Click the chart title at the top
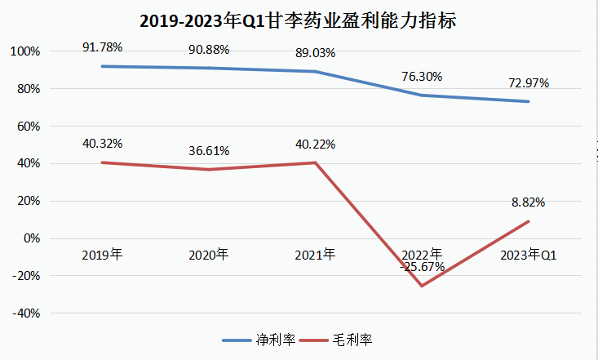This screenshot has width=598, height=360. (299, 20)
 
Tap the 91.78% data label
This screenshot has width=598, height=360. (102, 47)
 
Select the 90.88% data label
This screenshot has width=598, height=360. (209, 49)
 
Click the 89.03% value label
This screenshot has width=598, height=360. (315, 52)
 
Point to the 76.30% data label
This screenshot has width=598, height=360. (422, 77)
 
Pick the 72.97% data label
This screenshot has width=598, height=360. (528, 82)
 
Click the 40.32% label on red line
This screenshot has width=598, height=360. (102, 144)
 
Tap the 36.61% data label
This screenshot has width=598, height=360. (209, 150)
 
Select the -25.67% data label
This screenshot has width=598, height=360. (422, 266)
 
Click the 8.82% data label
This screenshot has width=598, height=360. (528, 202)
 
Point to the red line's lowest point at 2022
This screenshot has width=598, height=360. (422, 286)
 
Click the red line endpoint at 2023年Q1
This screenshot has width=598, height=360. (529, 221)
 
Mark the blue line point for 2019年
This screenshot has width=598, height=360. (102, 66)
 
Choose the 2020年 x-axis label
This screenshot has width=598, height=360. (209, 255)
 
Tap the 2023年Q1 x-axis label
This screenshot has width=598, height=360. (528, 255)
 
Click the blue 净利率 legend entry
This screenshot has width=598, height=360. (259, 339)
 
